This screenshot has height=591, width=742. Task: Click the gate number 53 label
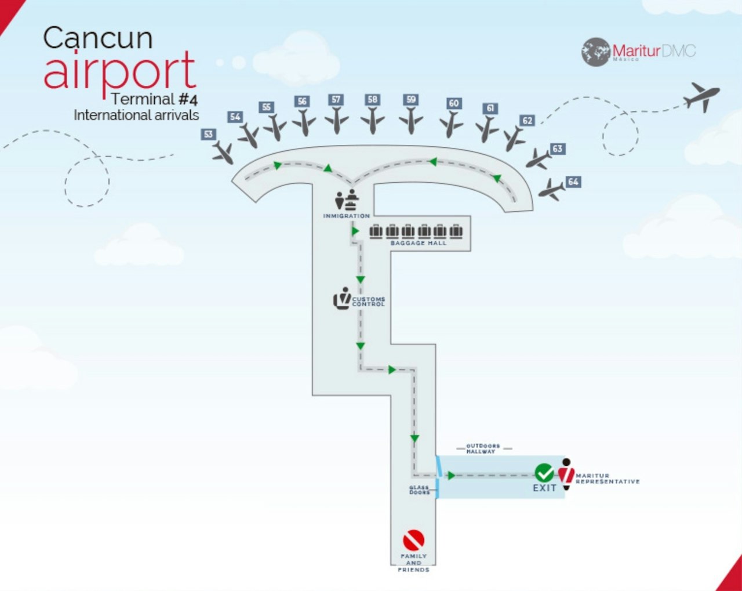(x=208, y=135)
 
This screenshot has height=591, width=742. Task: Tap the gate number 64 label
(x=573, y=182)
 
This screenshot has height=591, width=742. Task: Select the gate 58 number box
(x=372, y=100)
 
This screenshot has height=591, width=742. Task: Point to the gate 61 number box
(x=490, y=108)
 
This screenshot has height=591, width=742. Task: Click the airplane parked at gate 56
(x=303, y=123)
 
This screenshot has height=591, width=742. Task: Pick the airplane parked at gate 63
(x=539, y=159)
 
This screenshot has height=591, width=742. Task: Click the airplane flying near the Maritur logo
(x=701, y=96)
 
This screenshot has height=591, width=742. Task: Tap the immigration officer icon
(x=347, y=201)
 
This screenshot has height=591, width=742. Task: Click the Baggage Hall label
(x=419, y=243)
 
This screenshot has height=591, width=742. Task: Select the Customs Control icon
(x=343, y=298)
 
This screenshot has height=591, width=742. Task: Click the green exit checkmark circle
(x=544, y=473)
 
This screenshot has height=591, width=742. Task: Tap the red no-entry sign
(x=413, y=541)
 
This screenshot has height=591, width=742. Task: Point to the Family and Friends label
(x=413, y=563)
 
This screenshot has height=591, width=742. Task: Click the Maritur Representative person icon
(x=566, y=474)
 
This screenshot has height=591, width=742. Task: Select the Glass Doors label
(x=419, y=490)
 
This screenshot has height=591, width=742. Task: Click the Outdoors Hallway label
(x=483, y=448)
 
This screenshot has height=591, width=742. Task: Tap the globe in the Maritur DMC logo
(x=595, y=52)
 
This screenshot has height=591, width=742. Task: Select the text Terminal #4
(x=154, y=99)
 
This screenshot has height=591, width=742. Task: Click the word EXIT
(x=544, y=488)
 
